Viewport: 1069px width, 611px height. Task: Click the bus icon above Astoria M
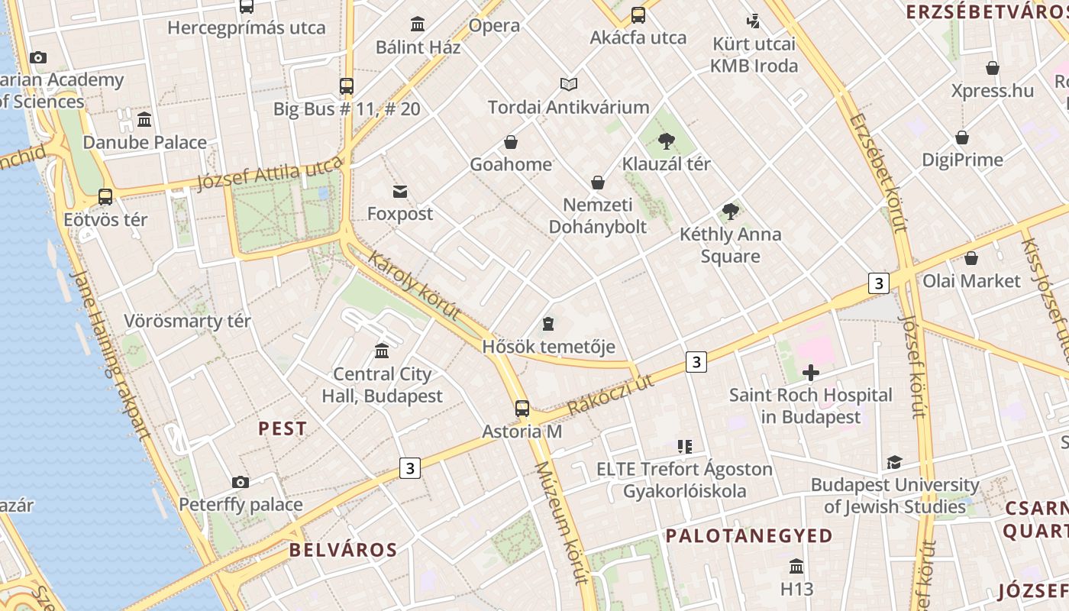pyautogui.click(x=522, y=409)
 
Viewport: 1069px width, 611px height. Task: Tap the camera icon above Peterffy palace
pyautogui.click(x=241, y=482)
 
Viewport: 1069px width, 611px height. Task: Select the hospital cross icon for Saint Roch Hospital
pyautogui.click(x=811, y=373)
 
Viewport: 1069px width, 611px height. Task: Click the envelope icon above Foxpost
pyautogui.click(x=400, y=191)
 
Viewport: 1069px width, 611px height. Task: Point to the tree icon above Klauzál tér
pyautogui.click(x=667, y=141)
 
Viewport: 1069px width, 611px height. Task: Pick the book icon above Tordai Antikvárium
pyautogui.click(x=569, y=84)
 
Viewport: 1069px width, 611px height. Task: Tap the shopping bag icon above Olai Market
pyautogui.click(x=971, y=258)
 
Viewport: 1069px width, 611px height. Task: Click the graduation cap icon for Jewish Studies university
pyautogui.click(x=894, y=462)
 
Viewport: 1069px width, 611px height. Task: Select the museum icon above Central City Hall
pyautogui.click(x=382, y=351)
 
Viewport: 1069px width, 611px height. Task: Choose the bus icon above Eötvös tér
pyautogui.click(x=105, y=197)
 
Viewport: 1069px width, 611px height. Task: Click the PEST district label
pyautogui.click(x=283, y=428)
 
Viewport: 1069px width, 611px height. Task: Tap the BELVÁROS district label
pyautogui.click(x=343, y=550)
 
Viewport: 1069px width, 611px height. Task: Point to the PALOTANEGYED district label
pyautogui.click(x=749, y=535)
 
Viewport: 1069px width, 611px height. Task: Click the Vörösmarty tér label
pyautogui.click(x=187, y=321)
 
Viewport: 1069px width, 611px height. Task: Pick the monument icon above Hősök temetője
pyautogui.click(x=547, y=325)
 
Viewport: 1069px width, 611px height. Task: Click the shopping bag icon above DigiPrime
pyautogui.click(x=962, y=137)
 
